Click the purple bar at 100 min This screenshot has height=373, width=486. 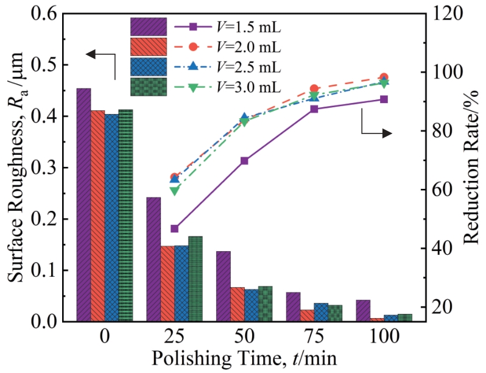coord(363,310)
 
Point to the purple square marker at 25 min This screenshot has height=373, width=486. coord(174,229)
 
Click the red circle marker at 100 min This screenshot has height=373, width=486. coord(384,77)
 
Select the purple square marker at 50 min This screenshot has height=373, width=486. coord(244,161)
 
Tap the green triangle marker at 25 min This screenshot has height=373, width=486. coord(174,191)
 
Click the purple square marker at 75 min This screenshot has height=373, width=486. coord(314,109)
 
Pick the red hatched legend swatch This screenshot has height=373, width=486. coord(148,47)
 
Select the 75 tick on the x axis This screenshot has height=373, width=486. coord(314,336)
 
